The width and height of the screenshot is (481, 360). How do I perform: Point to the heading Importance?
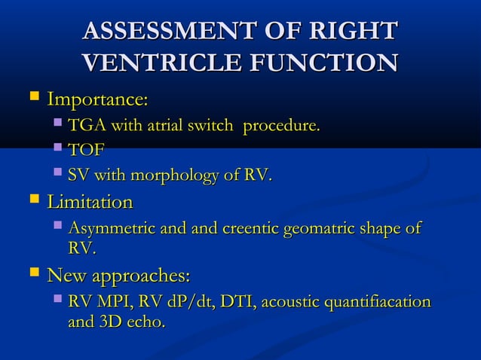point(97,99)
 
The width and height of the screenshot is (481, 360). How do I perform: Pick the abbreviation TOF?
point(86,151)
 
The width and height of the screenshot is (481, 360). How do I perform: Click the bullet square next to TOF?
point(58,150)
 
